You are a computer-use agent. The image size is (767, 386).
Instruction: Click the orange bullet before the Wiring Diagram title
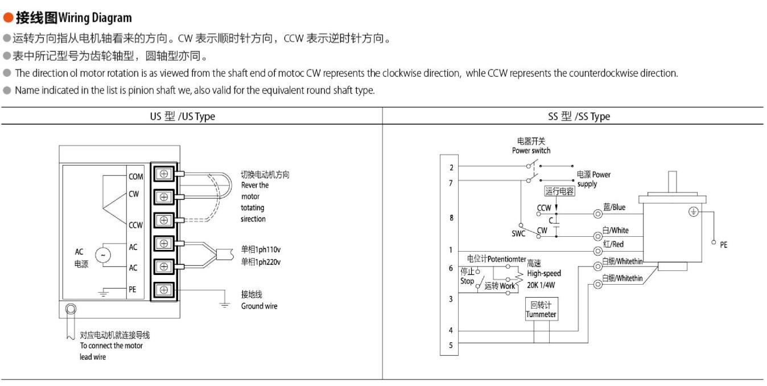pos(8,18)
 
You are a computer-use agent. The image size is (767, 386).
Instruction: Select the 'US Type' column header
pos(183,117)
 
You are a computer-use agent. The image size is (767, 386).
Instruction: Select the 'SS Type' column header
pos(579,117)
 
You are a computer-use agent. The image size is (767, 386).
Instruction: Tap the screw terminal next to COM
pos(164,174)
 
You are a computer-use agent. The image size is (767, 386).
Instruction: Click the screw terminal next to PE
pos(164,290)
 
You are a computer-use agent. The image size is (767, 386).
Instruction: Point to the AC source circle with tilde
pos(103,255)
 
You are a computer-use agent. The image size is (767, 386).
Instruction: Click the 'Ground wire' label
pos(259,306)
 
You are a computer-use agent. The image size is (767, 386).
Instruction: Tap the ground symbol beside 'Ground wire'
pos(225,305)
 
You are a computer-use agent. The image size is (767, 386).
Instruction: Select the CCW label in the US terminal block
pos(135,225)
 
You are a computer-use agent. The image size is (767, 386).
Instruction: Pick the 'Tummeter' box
pos(541,309)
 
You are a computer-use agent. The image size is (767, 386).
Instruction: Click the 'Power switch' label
pos(531,151)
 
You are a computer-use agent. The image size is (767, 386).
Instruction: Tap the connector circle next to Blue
pos(597,214)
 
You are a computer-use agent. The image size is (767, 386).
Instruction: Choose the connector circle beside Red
pos(597,251)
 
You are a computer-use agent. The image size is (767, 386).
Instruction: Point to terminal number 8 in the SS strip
pos(451,218)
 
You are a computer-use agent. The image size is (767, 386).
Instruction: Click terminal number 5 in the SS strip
pos(451,345)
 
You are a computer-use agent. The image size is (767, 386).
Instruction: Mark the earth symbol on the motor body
pos(694,212)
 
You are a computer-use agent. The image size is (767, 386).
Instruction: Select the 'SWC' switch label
pos(518,234)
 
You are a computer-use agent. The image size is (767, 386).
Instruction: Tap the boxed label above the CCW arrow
pos(559,191)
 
